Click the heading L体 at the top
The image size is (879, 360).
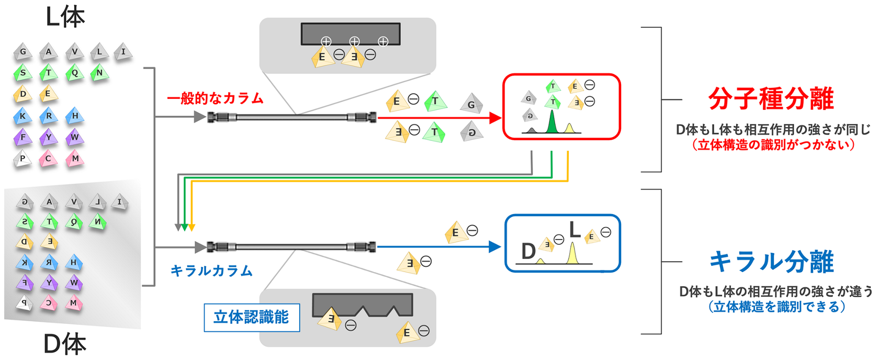click(x=65, y=17)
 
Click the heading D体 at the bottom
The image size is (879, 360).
click(x=65, y=344)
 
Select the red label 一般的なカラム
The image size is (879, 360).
click(x=215, y=98)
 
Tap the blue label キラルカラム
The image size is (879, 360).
click(x=211, y=271)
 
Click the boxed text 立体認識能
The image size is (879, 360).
click(x=251, y=317)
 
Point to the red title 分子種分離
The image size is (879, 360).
click(x=771, y=98)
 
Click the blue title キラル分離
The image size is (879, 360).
click(x=771, y=261)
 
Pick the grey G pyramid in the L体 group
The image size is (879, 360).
click(x=22, y=52)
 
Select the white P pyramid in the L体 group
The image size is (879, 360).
click(x=22, y=159)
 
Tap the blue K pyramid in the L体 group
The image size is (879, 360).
click(x=22, y=116)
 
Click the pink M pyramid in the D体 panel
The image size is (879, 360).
click(x=73, y=303)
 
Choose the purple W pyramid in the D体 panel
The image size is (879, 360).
click(x=74, y=283)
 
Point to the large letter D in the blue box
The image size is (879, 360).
click(x=528, y=252)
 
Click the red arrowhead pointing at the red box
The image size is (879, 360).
click(x=495, y=118)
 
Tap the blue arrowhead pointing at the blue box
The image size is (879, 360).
click(x=494, y=246)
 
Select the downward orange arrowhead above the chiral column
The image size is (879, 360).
click(x=192, y=228)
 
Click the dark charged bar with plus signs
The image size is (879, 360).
click(x=351, y=33)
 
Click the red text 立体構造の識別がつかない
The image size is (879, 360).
click(x=773, y=145)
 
